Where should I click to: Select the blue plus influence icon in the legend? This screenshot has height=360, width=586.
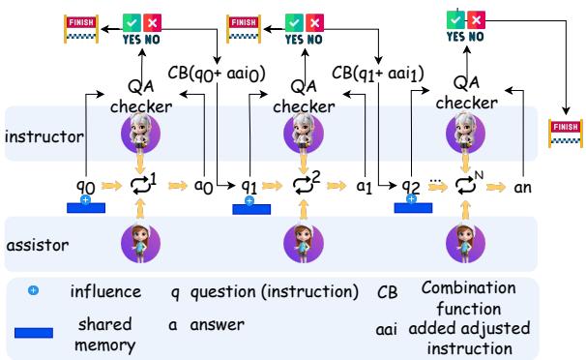pyautogui.click(x=33, y=290)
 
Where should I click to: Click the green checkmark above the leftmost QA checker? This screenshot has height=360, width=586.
pyautogui.click(x=133, y=20)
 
